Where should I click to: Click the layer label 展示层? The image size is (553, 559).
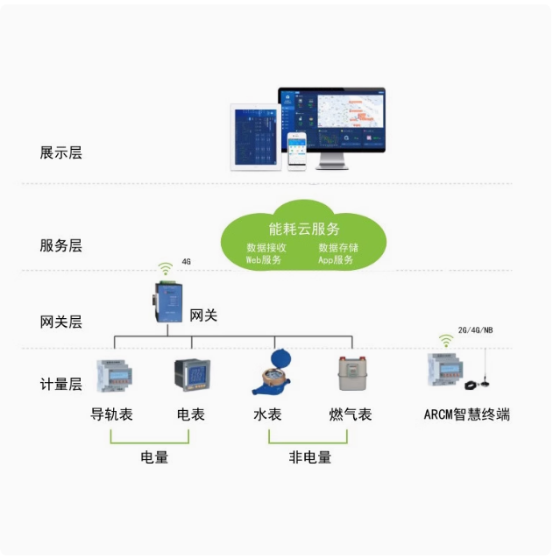(60, 152)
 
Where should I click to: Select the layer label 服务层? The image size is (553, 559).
(60, 246)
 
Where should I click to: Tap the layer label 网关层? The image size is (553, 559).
(60, 322)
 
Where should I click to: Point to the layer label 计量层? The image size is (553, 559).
(60, 384)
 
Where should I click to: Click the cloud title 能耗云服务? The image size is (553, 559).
(304, 230)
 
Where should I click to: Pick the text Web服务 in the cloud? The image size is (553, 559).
(264, 259)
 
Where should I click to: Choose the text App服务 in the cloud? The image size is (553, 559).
(336, 259)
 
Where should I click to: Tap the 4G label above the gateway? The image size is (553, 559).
(186, 262)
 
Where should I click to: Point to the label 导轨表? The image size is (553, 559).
(112, 414)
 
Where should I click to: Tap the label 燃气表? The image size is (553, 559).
(351, 414)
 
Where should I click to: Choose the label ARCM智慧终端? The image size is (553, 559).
(466, 414)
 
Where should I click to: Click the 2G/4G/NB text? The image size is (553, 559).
(476, 331)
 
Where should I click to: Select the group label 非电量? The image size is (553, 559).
(310, 457)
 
